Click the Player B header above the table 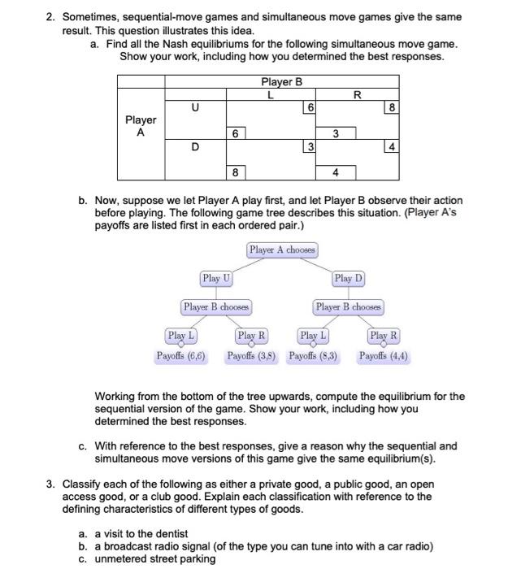point(281,81)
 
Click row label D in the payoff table point(195,146)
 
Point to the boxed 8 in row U point(393,107)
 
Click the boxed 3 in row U point(335,132)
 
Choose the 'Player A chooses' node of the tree point(282,250)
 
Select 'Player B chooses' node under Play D point(348,307)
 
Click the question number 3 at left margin point(50,484)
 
